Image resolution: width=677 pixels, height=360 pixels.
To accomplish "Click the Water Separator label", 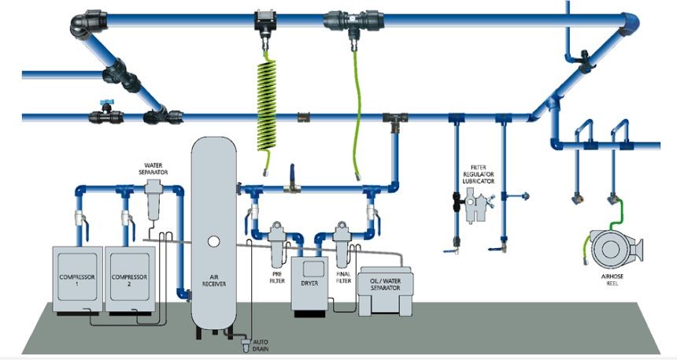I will (152, 168).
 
